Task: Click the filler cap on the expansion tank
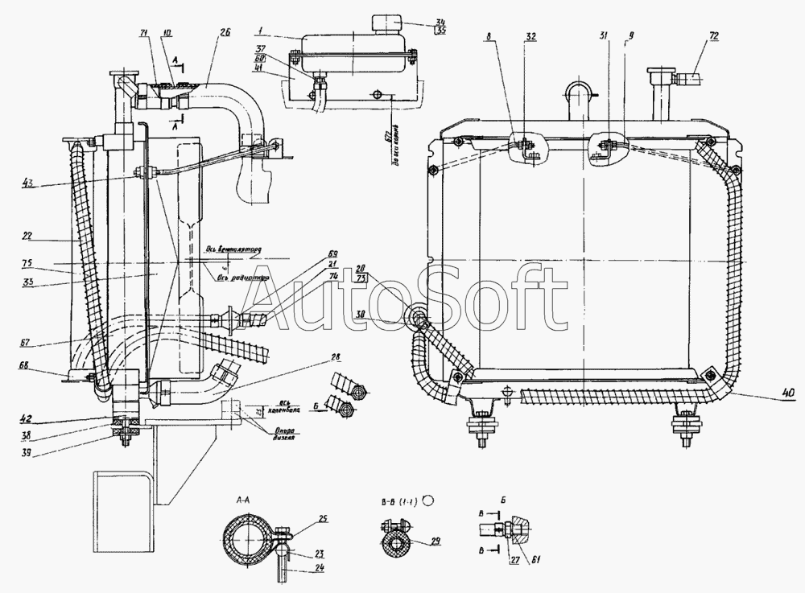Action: coord(387,22)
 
